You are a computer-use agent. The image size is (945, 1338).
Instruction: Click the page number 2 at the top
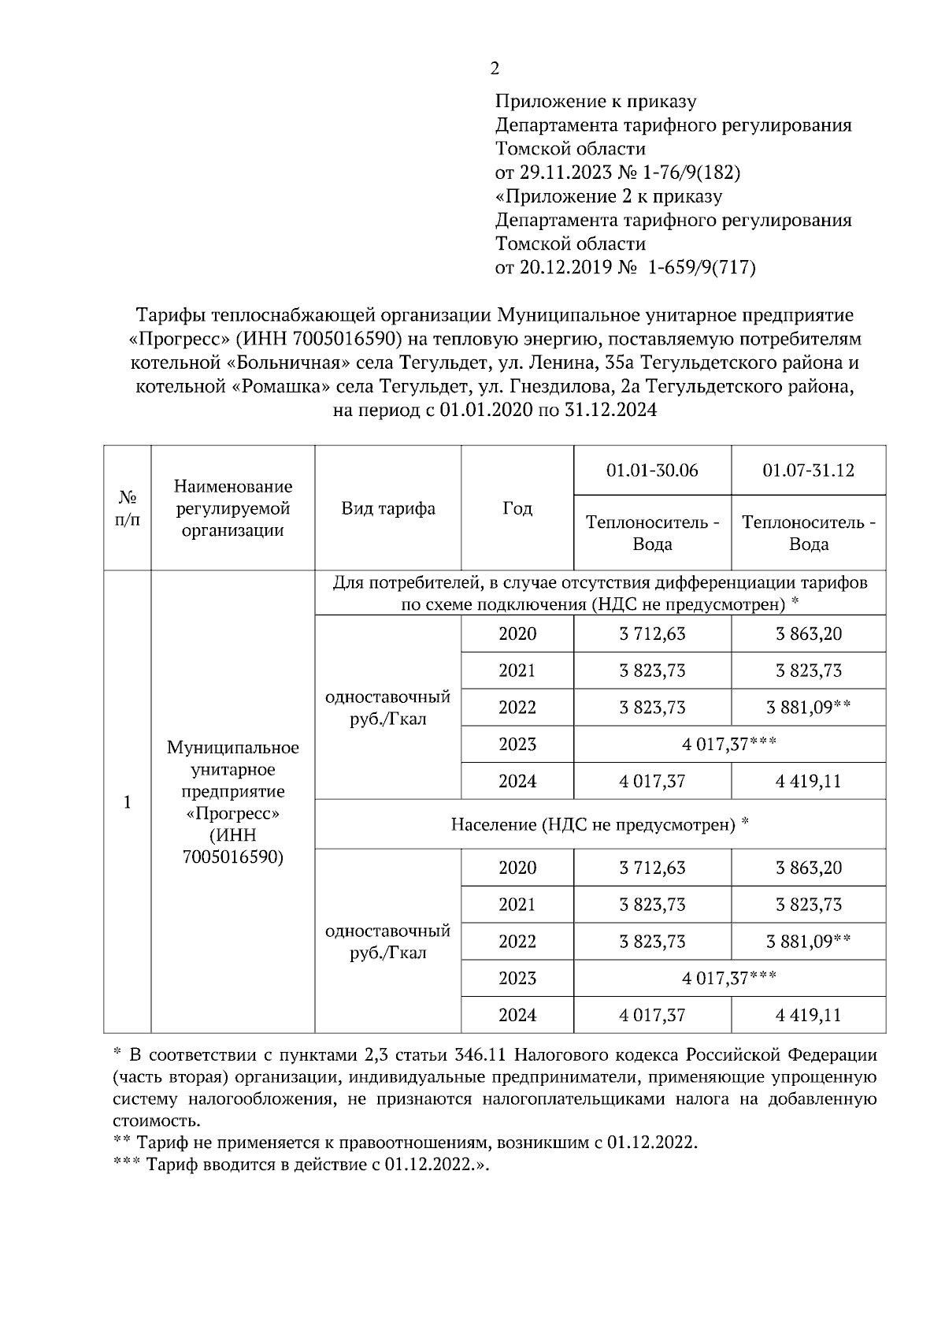coord(495,69)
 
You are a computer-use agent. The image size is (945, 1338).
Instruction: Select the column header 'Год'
coord(517,508)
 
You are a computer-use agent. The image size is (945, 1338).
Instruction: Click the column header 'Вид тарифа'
coord(387,508)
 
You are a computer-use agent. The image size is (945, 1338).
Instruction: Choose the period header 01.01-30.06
coord(652,470)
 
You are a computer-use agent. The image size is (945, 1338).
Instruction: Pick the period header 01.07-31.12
coord(808,470)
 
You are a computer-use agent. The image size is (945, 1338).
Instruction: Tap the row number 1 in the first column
coord(127,802)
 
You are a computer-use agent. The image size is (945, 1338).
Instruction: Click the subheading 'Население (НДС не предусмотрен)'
coord(599,825)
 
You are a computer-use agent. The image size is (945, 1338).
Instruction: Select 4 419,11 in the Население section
coord(808,1015)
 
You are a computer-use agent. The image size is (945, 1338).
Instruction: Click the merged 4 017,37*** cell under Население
coord(729,978)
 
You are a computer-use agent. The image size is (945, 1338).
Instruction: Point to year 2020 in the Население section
coord(517,868)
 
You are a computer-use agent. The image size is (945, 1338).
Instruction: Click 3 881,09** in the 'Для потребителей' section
coord(808,708)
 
